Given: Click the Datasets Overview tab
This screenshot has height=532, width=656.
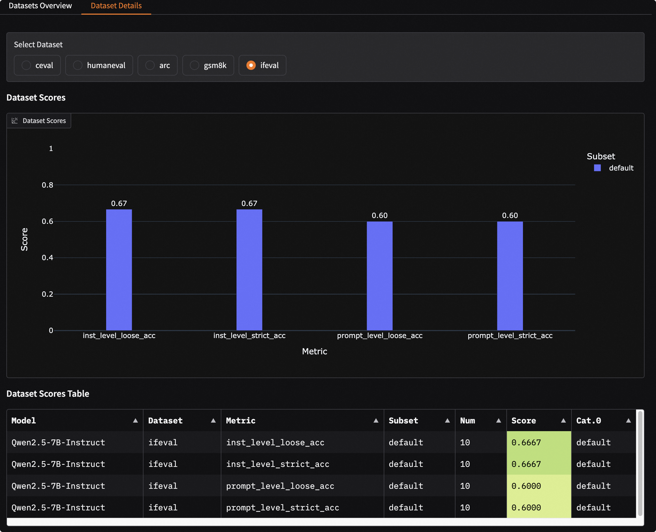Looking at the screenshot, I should pos(40,6).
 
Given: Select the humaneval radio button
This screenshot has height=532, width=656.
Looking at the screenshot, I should pos(78,65).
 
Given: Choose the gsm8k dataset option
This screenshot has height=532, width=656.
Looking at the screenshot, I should pos(194,65).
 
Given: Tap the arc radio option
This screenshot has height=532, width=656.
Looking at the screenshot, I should pos(150,65).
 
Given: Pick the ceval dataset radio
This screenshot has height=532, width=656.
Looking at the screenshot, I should pos(26,65).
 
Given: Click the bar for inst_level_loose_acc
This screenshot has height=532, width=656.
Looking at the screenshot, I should pos(119,270).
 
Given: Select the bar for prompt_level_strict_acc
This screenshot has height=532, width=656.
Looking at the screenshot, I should pos(510,276).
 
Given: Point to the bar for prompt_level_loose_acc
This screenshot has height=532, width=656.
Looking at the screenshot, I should pos(379,276).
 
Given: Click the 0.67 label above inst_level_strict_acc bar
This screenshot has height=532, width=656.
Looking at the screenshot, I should pos(249,204).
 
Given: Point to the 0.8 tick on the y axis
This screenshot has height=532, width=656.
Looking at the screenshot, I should pos(47,185).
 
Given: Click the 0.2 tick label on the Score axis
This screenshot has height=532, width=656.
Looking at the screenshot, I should pos(47,294).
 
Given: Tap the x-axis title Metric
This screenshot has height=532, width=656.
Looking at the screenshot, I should pos(314,351).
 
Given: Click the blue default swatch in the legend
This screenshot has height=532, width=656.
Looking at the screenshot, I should pos(597,168).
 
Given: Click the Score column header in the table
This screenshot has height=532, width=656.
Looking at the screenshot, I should pos(524,421).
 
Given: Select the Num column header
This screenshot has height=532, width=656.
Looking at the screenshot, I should pos(468,421).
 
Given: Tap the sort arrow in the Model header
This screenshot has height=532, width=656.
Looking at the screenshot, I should pos(135,421).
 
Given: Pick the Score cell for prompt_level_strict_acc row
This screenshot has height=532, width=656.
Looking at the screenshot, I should pos(539,507).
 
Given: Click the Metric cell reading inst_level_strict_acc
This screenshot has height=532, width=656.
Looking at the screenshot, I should pos(278,464).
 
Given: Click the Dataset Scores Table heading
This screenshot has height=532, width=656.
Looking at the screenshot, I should pos(48,394).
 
